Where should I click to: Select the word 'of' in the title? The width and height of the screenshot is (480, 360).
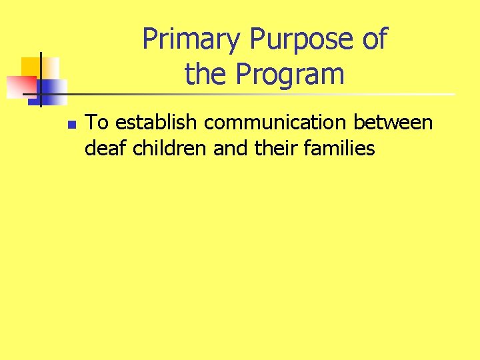(x=374, y=40)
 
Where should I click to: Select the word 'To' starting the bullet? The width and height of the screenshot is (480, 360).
(x=98, y=123)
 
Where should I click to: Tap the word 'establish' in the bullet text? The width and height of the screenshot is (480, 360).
(x=157, y=123)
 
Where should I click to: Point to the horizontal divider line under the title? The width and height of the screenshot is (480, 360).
(x=267, y=94)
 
